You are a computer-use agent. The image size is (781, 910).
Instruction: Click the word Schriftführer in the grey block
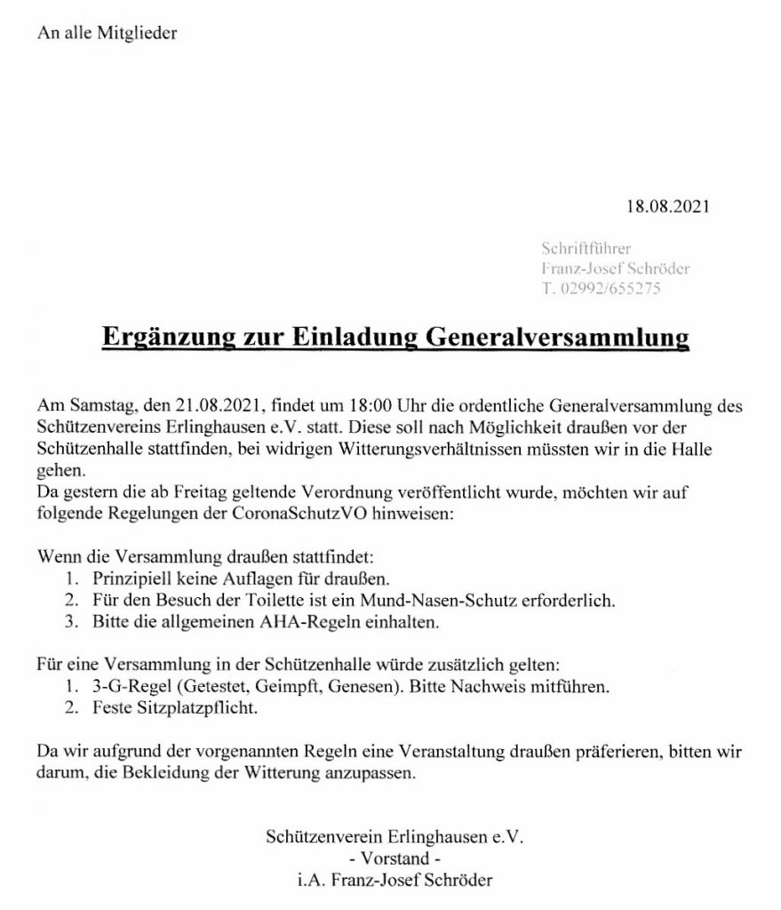[586, 249]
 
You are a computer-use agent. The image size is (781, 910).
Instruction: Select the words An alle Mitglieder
[108, 34]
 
